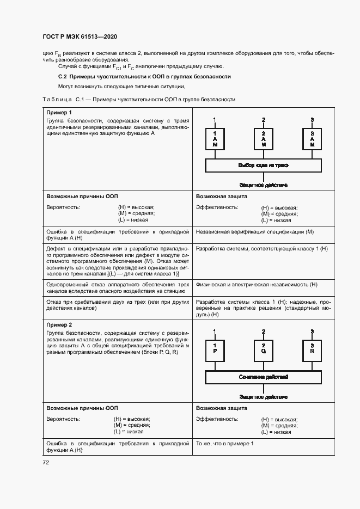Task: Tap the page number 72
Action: [x=46, y=462]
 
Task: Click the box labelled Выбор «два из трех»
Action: [x=264, y=165]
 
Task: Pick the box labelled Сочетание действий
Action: [x=264, y=377]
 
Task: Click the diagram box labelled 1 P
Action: [x=215, y=350]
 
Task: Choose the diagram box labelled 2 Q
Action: [x=264, y=350]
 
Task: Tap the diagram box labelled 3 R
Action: [x=312, y=350]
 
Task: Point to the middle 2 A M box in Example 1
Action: [x=264, y=139]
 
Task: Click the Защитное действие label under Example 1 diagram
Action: [x=264, y=185]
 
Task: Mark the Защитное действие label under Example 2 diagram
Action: [x=264, y=397]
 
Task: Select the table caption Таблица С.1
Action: [x=138, y=100]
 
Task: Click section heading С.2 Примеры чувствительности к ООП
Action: [x=144, y=77]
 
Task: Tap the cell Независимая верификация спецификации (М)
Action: [x=255, y=231]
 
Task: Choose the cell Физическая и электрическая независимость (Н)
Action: [x=256, y=285]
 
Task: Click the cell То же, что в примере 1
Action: [x=224, y=444]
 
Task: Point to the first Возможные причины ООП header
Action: [x=82, y=196]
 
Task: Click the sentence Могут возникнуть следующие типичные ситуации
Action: [x=121, y=87]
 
